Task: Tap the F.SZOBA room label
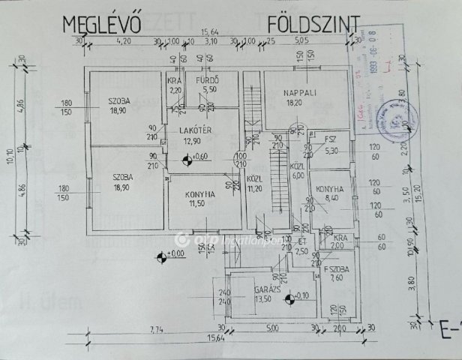334,268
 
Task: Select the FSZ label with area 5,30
331,140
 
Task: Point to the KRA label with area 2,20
175,80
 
